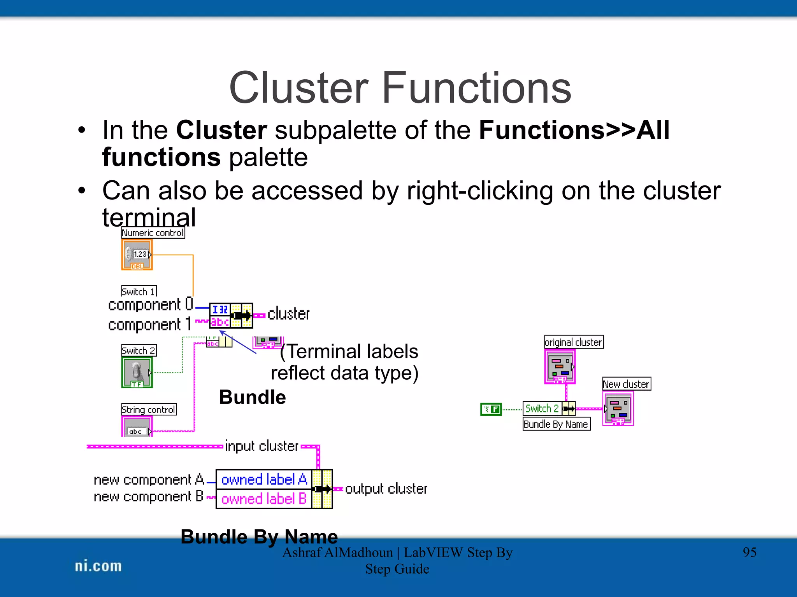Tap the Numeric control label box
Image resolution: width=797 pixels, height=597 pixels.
click(153, 233)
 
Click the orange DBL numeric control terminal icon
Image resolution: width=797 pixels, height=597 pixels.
click(137, 255)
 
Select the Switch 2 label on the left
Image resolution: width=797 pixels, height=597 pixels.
click(139, 351)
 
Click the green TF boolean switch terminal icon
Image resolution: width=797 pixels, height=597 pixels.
click(137, 372)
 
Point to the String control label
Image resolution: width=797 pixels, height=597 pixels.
click(149, 410)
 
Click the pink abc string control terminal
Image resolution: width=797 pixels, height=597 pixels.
click(137, 427)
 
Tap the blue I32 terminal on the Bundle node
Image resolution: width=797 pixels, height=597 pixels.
click(220, 310)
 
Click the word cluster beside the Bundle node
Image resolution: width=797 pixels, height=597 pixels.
click(288, 314)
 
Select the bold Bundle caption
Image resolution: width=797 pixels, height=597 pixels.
click(252, 397)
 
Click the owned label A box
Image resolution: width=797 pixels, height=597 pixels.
click(264, 480)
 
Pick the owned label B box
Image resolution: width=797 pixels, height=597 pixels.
click(264, 499)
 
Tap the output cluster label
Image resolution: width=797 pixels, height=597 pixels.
click(386, 489)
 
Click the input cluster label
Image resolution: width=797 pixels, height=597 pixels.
click(262, 446)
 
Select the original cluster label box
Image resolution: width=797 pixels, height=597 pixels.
click(574, 342)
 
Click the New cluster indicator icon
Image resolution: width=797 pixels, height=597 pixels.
click(618, 408)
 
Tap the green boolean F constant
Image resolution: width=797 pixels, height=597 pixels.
click(491, 409)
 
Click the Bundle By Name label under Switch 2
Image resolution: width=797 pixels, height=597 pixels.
click(556, 424)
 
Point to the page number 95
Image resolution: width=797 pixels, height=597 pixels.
click(750, 552)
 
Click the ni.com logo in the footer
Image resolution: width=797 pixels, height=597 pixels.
click(98, 566)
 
